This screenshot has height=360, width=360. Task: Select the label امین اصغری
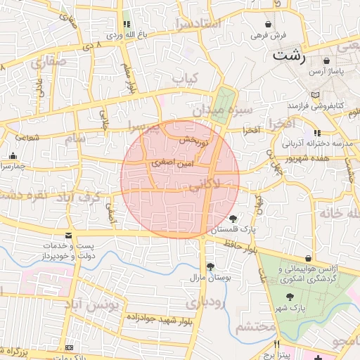pos(169,162)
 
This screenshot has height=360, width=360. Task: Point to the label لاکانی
pos(205,184)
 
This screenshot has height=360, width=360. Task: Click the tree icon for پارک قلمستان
pos(233,219)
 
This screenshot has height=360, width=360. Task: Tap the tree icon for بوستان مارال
pos(210,266)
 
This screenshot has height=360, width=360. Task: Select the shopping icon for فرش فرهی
pos(268,24)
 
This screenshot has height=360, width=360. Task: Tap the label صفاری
pos(47,62)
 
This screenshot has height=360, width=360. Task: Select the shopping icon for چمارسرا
pos(13,156)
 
